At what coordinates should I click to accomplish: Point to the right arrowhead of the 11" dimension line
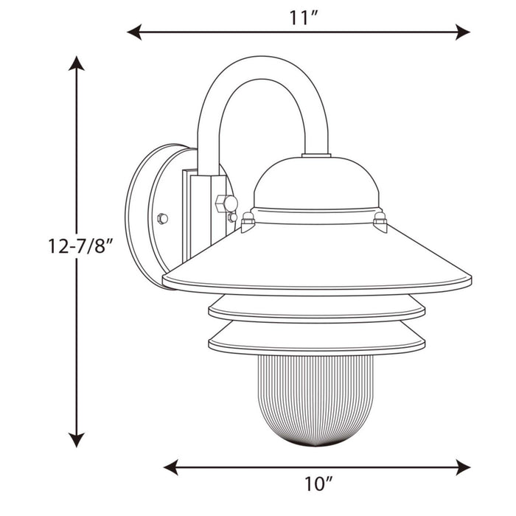point(463,32)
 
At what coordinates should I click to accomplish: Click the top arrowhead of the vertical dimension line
point(76,63)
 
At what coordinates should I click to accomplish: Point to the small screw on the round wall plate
point(163,218)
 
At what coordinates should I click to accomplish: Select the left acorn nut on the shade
point(248,219)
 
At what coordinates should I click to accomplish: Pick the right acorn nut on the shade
point(380,220)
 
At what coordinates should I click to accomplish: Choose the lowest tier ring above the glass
point(317,340)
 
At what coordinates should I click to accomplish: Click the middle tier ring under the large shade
point(317,308)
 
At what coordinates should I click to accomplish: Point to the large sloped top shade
point(317,254)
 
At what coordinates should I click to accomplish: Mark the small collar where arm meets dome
point(316,155)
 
